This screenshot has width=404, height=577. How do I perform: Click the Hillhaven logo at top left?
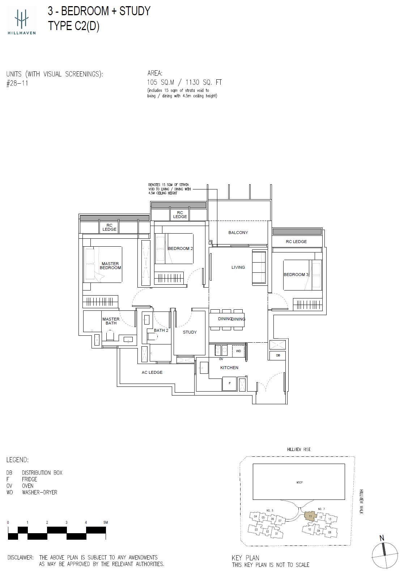tap(22, 21)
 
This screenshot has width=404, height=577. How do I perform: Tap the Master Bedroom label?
tap(110, 266)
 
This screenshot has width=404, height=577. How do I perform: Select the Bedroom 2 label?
tap(180, 248)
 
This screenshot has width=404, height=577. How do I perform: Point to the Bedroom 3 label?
tap(296, 275)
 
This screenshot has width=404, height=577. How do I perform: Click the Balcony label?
tap(238, 233)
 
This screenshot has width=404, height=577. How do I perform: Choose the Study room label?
tap(190, 332)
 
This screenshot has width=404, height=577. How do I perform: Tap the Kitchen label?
tap(229, 368)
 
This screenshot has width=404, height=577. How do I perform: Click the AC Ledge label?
tap(152, 372)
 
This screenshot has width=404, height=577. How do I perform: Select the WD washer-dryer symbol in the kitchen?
tap(238, 351)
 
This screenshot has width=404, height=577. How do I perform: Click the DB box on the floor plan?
tap(278, 355)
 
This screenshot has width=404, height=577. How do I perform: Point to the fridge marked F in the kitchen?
tap(229, 383)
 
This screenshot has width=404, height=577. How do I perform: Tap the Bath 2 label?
tap(161, 330)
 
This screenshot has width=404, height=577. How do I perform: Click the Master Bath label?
tap(111, 321)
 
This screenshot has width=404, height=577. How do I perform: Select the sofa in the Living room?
tap(259, 267)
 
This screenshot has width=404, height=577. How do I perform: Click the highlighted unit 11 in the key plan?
tap(310, 516)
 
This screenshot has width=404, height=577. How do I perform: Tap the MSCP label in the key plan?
tap(299, 482)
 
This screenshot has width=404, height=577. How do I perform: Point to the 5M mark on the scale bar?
tap(105, 523)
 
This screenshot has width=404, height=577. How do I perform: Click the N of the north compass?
tap(382, 538)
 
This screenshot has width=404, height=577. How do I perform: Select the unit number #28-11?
tap(17, 83)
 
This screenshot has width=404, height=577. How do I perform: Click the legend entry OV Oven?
tap(20, 486)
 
